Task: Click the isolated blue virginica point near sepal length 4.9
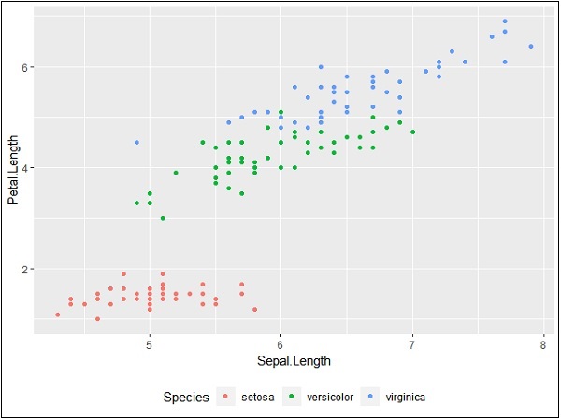coord(137,143)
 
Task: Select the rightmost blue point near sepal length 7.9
coord(530,47)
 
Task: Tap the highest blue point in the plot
coord(504,21)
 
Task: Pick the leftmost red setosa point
coord(58,314)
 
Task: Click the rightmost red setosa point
coord(254,309)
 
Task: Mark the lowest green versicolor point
coord(163,218)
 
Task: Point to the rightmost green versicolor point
coord(412,133)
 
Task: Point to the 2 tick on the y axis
coord(25,269)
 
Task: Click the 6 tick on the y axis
coord(25,67)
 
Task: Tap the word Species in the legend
coord(186,398)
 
